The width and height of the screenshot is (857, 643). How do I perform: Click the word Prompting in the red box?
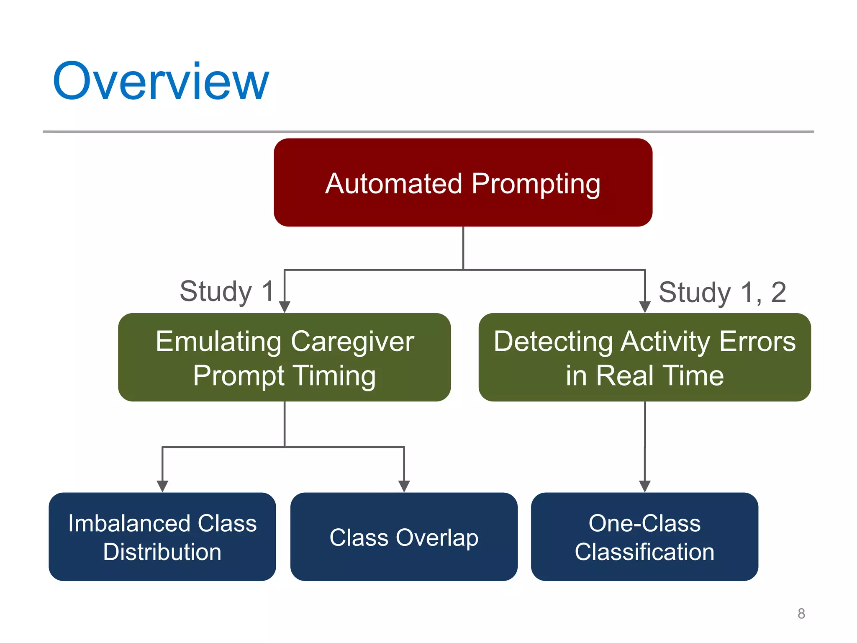tap(536, 184)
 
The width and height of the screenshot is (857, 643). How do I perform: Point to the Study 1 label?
tap(226, 291)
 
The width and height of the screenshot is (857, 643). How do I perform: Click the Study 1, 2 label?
tap(722, 292)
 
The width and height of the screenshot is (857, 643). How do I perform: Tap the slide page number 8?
tap(801, 614)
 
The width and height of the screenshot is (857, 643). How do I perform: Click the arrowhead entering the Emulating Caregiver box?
tap(285, 306)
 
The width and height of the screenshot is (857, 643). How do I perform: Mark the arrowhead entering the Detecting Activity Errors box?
tap(645, 306)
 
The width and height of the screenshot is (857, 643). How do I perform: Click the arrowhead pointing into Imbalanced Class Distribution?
tap(162, 486)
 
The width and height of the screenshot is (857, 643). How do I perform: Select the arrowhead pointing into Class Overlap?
tap(404, 486)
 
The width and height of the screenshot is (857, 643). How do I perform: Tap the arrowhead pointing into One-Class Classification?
tap(645, 486)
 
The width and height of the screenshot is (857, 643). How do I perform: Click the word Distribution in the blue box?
tap(162, 552)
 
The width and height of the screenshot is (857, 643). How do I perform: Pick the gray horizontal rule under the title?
tap(428, 131)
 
